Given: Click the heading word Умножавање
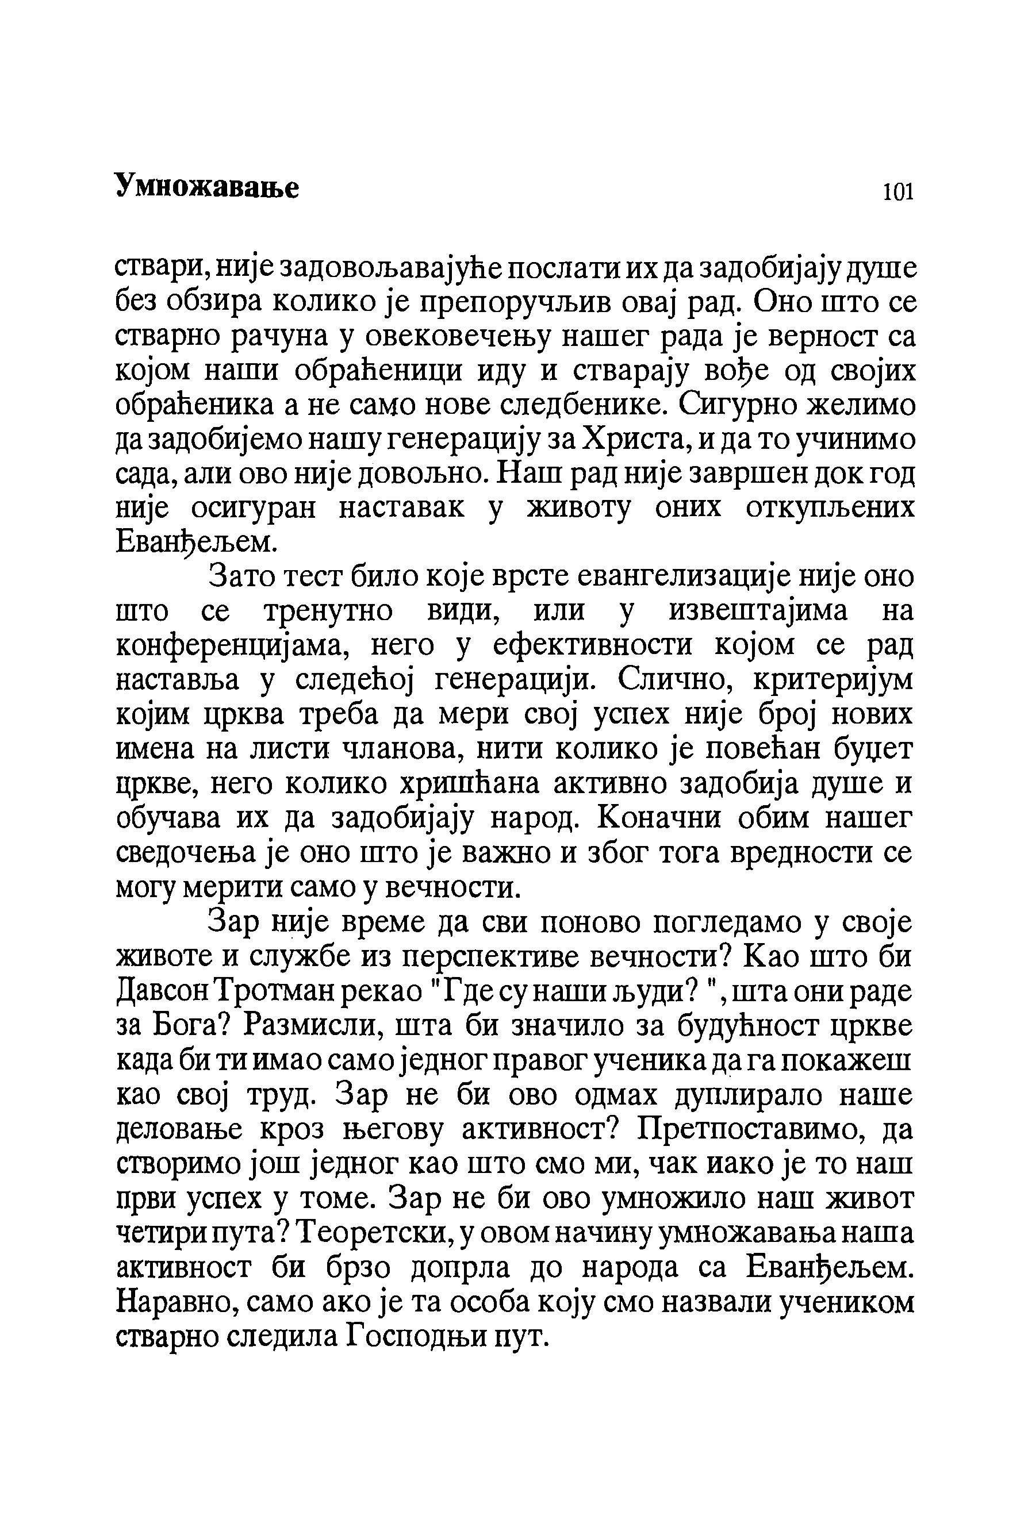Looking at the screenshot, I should click(207, 187).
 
